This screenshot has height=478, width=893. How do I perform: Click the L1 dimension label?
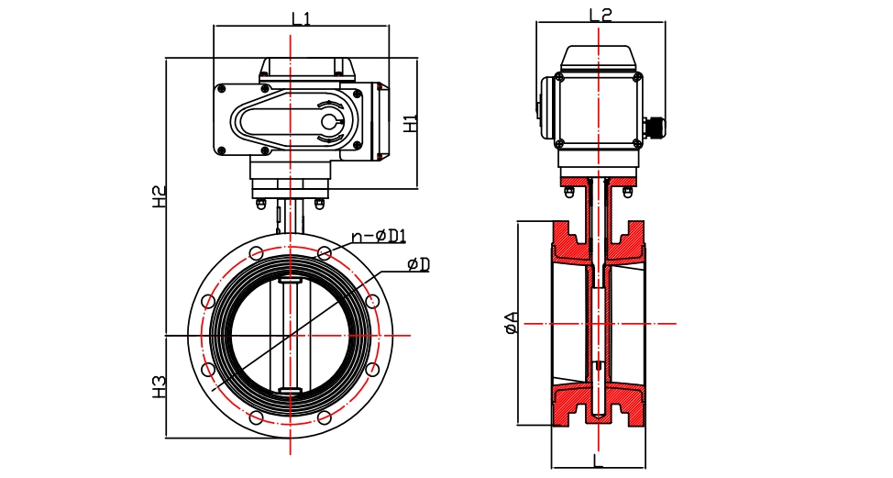300,17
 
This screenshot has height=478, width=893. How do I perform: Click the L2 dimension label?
600,14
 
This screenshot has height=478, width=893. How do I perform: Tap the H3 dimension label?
160,385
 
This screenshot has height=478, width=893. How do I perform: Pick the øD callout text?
418,264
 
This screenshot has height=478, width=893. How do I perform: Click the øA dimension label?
511,323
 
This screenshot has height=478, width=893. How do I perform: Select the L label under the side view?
598,459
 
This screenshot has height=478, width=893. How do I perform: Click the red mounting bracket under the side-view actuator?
598,180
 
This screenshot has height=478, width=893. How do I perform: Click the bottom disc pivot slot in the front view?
290,393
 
